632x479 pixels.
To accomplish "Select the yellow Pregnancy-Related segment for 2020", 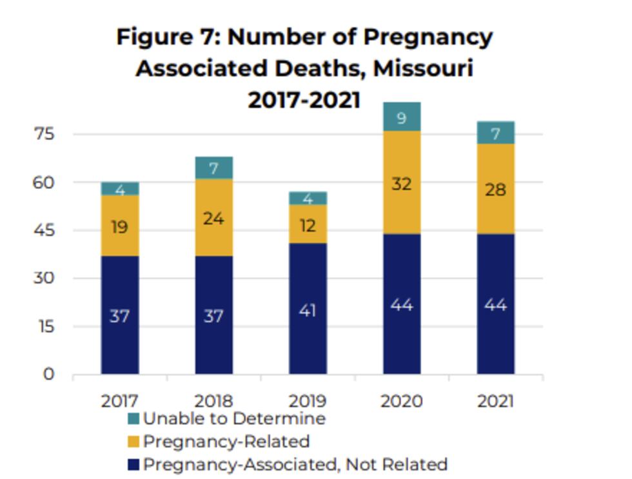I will [x=401, y=182].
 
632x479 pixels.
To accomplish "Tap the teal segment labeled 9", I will [x=401, y=117].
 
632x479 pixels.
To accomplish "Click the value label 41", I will [x=308, y=311].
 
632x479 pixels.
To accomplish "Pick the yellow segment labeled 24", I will [x=213, y=219].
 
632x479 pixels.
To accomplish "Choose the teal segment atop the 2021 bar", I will [x=495, y=133].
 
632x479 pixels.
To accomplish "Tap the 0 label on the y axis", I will [x=49, y=374].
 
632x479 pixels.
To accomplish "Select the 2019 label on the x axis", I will [x=308, y=401].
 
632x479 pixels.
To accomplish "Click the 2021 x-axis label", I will [x=495, y=401].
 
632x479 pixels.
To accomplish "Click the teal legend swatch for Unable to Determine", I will [x=133, y=419].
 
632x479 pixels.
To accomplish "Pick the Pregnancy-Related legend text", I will [x=226, y=442].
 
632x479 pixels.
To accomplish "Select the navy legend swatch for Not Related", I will [x=133, y=464].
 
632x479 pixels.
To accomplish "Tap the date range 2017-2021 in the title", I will [x=304, y=100].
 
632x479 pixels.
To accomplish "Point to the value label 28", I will [x=495, y=190].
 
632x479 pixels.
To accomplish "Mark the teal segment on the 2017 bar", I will [x=119, y=189].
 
